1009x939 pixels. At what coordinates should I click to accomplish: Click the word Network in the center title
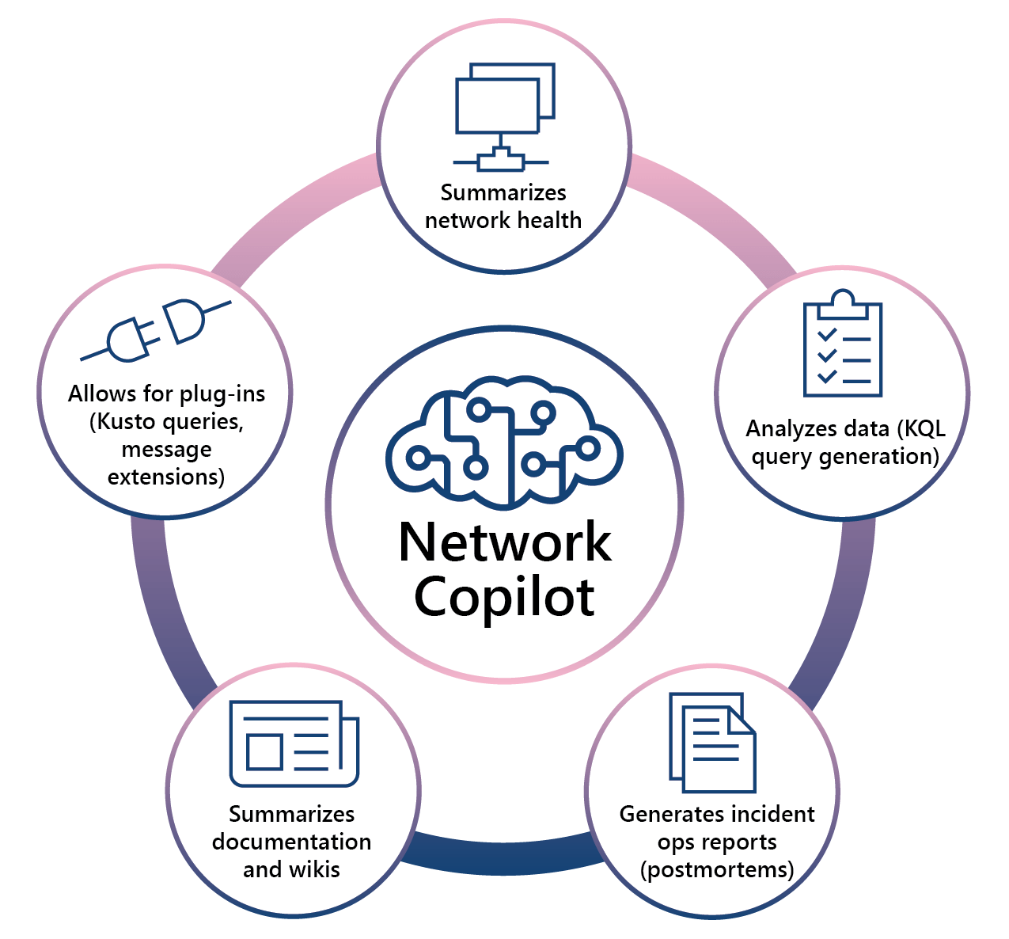[x=504, y=542]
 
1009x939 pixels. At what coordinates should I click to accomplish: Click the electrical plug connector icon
[x=156, y=329]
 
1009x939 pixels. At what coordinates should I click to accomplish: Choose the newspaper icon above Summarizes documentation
[x=294, y=744]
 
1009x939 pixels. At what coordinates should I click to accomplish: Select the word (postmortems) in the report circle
[x=717, y=869]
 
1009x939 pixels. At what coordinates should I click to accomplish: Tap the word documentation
[x=291, y=842]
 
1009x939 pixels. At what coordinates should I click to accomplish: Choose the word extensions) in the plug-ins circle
[x=166, y=477]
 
